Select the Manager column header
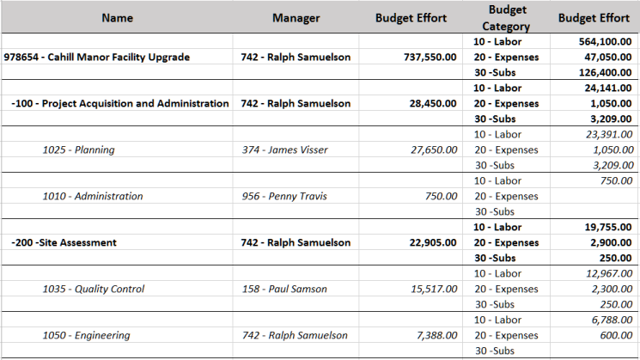[296, 18]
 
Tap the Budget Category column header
[507, 18]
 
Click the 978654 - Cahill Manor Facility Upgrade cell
[97, 58]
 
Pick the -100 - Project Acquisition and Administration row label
[120, 104]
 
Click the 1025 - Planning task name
[78, 150]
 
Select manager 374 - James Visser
[284, 150]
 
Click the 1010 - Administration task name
[93, 197]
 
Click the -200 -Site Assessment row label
[64, 243]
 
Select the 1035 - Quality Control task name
[94, 290]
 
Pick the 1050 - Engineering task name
[86, 336]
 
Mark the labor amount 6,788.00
[607, 320]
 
